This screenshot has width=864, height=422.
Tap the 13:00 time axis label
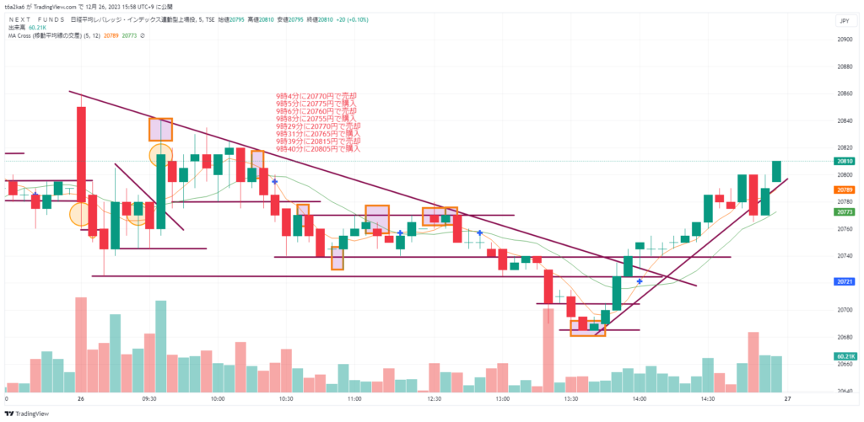click(x=504, y=398)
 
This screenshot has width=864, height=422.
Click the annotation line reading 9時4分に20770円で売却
click(x=316, y=97)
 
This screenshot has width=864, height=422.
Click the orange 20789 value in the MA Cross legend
click(x=110, y=35)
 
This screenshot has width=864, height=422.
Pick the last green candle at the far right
click(x=776, y=171)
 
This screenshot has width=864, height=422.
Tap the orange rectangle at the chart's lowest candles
click(x=587, y=328)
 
